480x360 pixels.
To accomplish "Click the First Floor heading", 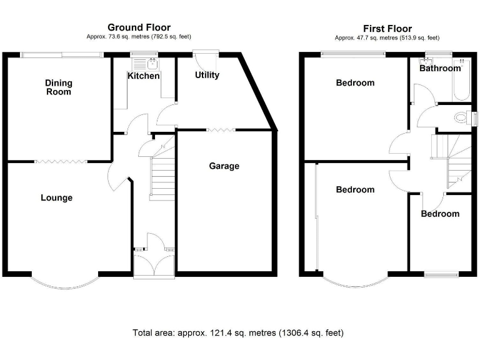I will tap(387, 29).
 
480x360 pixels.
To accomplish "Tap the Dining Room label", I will tap(58, 87).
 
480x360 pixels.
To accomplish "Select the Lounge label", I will tap(56, 197).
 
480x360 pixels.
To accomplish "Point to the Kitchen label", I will tap(143, 76).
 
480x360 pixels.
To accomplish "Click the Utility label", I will tap(207, 75).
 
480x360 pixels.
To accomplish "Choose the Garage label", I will tap(224, 166).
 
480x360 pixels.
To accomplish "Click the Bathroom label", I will tap(440, 68).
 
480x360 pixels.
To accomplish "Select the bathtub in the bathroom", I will tap(461, 79).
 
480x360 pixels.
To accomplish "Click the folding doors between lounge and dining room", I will tap(60, 161).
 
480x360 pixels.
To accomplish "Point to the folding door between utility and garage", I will tap(220, 130).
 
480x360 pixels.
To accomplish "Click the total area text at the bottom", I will tap(238, 332).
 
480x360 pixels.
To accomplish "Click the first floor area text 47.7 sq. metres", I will tap(387, 38).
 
